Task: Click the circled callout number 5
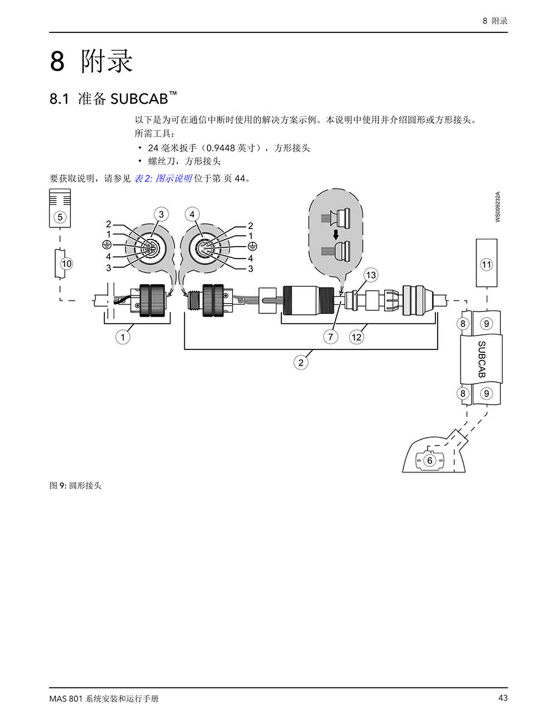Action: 60,218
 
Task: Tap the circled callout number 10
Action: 67,264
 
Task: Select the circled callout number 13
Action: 371,275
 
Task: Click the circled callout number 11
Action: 486,265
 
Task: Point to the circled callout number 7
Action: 330,337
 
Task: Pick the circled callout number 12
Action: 356,337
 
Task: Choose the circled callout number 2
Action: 301,362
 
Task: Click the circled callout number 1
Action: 123,337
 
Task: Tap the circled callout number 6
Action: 430,461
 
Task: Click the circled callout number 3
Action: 161,214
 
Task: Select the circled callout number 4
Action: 192,214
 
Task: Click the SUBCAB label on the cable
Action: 481,359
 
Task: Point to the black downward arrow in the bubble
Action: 336,235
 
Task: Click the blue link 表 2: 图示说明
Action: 163,179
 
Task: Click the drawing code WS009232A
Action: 497,207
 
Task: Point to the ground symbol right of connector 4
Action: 253,246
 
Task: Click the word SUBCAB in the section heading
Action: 139,99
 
